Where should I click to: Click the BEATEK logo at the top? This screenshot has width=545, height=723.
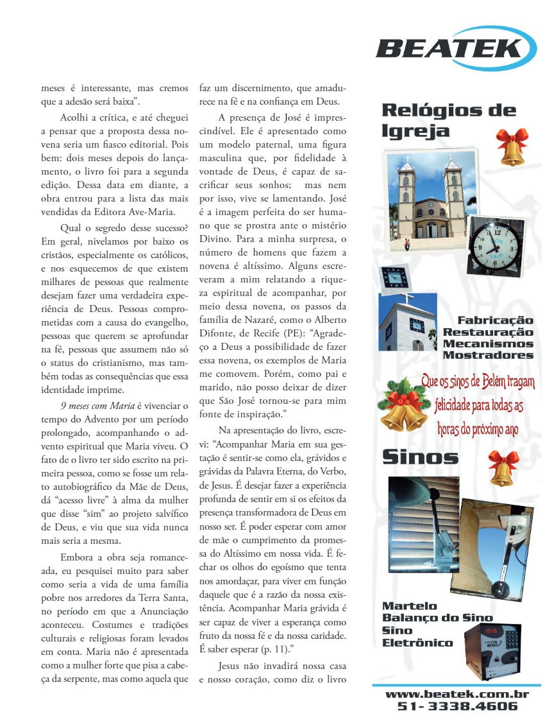click(x=456, y=48)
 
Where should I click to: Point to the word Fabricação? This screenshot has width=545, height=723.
click(x=495, y=320)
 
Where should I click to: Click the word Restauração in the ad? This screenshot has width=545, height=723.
click(x=488, y=332)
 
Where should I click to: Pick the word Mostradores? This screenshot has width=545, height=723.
click(x=488, y=355)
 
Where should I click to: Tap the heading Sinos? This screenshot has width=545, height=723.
click(x=420, y=457)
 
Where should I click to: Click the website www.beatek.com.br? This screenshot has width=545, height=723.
click(x=457, y=694)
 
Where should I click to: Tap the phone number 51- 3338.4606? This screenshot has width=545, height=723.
click(x=457, y=707)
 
